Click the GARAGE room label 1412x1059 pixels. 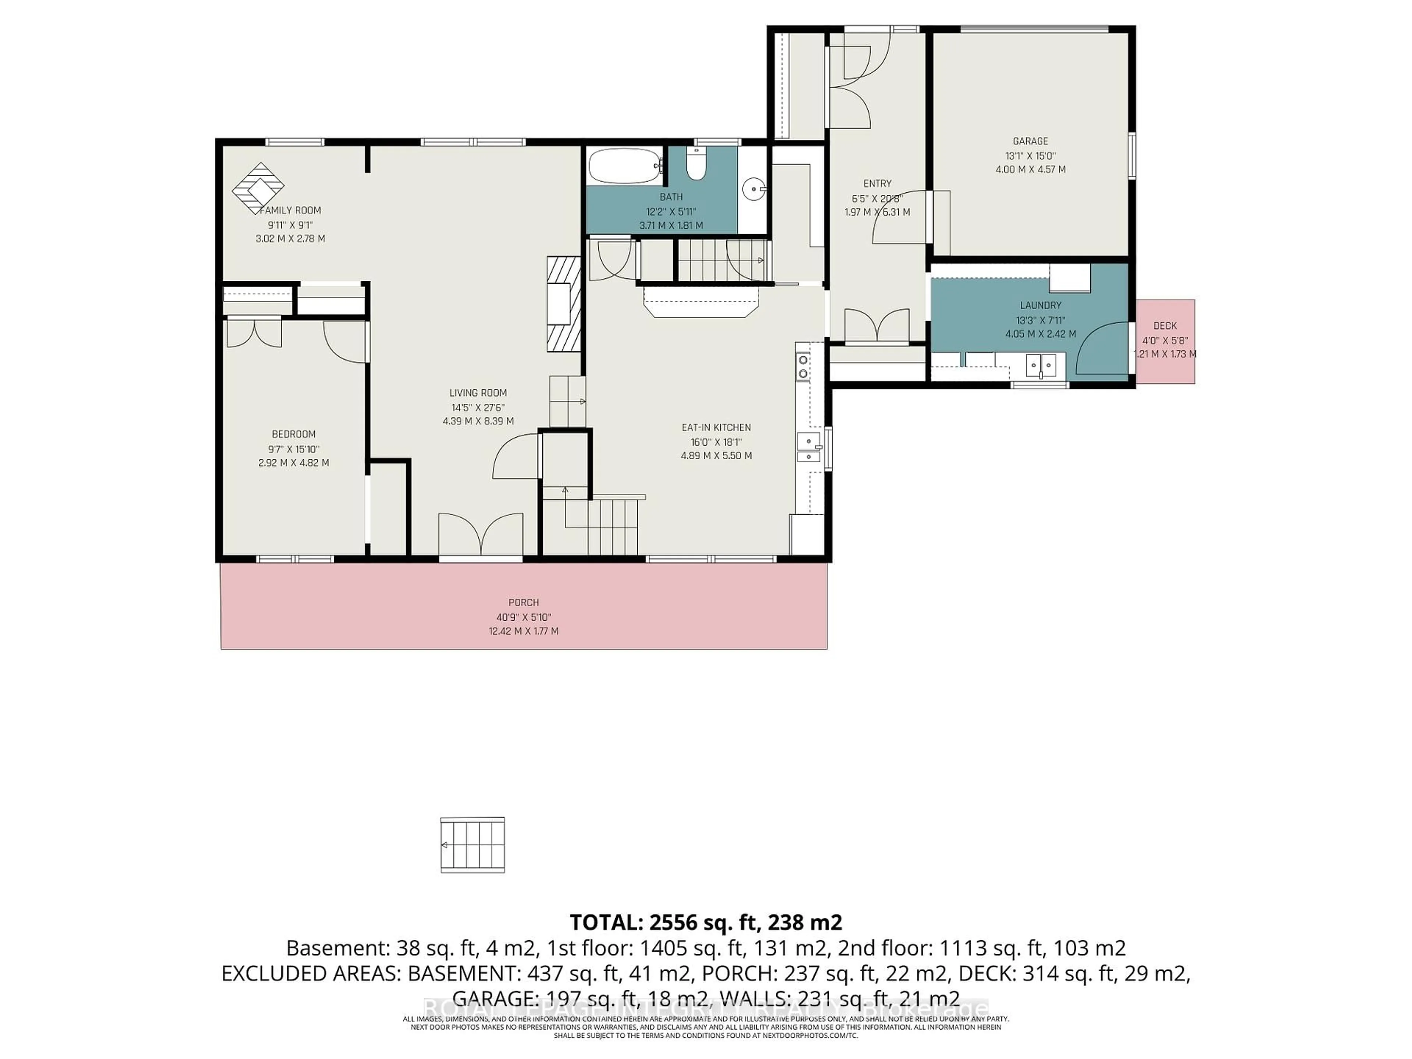[x=1030, y=141]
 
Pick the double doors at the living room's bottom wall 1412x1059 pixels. [x=481, y=536]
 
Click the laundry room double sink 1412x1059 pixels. [x=1041, y=366]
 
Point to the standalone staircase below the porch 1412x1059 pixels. [x=473, y=845]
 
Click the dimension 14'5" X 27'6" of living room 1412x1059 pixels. [x=478, y=407]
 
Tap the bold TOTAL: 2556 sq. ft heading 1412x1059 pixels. [x=705, y=922]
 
